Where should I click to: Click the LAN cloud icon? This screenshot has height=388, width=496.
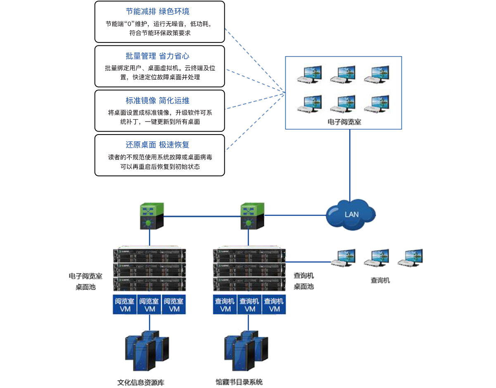pos(351,214)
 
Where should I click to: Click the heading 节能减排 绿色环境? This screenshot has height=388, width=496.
pos(157,12)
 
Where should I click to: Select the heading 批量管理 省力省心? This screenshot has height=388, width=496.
pos(157,56)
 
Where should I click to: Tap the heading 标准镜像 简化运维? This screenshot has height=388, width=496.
pos(157,101)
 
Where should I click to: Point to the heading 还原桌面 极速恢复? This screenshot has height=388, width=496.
pos(157,145)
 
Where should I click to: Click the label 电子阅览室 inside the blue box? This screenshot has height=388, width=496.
pos(344,122)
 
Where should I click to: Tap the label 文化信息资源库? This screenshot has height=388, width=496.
pos(141,382)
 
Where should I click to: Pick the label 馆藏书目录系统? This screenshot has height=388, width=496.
pos(239,382)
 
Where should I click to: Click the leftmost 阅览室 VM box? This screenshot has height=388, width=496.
pos(125,305)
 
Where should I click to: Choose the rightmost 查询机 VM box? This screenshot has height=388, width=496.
pos(274,305)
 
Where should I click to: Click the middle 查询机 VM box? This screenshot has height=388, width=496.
pos(249,305)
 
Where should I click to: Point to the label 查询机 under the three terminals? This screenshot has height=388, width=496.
pos(380,280)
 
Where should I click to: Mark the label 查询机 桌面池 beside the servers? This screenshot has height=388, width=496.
pos(304,281)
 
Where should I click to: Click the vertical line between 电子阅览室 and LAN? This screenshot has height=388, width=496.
pos(350,165)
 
